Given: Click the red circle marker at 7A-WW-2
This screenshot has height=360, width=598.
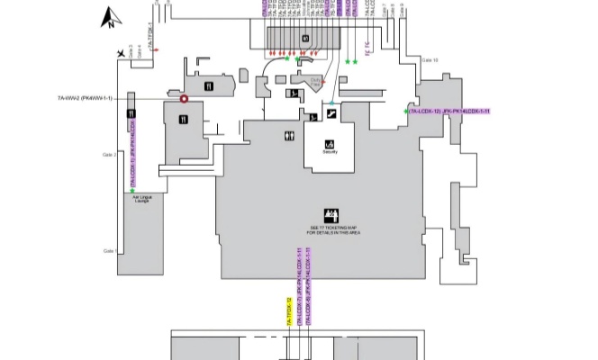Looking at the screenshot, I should [185, 99].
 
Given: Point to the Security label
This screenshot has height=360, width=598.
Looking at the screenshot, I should [329, 151].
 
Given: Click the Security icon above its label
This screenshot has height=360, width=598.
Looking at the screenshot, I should [329, 142].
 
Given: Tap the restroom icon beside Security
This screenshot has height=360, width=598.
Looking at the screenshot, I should [289, 136].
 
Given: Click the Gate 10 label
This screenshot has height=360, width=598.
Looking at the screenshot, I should [430, 61].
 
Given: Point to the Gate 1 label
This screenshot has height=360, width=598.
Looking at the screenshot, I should [110, 250].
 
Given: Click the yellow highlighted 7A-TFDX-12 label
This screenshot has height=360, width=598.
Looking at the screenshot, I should [289, 310].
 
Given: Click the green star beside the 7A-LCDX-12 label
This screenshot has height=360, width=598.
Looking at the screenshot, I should [405, 111].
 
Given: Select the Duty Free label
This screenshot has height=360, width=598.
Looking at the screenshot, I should [316, 82].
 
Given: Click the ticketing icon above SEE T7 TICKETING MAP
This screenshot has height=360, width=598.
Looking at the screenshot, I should [330, 213].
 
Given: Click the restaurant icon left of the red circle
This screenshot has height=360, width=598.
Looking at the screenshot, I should [209, 86].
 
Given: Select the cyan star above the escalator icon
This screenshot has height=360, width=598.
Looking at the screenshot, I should [331, 105].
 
